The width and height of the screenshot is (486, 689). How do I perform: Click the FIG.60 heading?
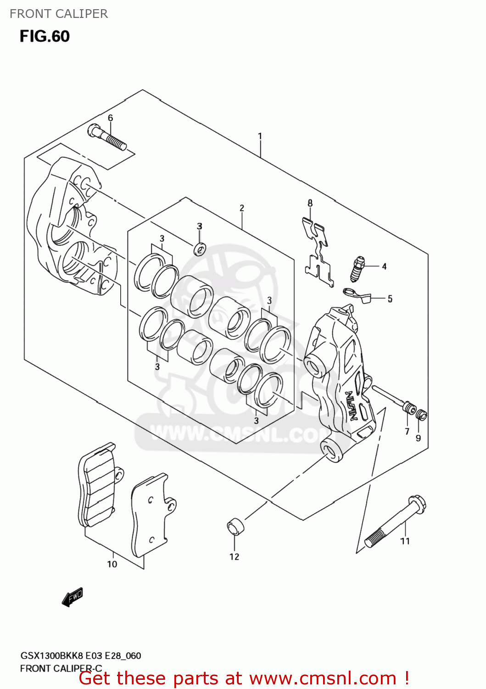pos(45,36)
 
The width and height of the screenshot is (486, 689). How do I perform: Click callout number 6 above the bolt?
pos(110,118)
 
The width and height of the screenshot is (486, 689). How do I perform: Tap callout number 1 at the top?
pos(260,136)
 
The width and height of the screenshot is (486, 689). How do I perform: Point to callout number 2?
pos(242,208)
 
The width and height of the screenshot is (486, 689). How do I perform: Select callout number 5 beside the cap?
pos(390,299)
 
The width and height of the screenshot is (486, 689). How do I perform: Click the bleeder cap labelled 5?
pos(357,294)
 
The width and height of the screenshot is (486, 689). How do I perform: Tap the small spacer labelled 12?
pos(235,526)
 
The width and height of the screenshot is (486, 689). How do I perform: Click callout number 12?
pos(234,557)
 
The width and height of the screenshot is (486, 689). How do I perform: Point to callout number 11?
pos(405,541)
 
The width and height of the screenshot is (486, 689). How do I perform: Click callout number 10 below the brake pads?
pos(112,564)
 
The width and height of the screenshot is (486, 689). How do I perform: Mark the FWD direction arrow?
pos(73,597)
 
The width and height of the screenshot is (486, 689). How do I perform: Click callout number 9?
pos(418,438)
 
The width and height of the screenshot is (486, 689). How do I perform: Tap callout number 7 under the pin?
pos(407,431)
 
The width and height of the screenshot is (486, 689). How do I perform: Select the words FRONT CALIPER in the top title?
pos(59,14)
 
